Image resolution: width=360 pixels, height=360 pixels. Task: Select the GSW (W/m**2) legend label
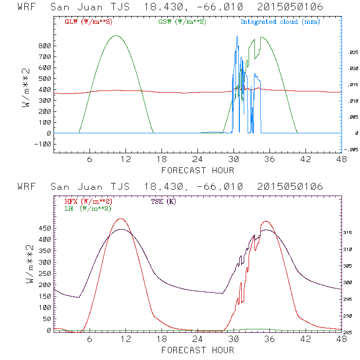[x=182, y=22]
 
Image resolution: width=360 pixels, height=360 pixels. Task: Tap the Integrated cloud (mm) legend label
[x=280, y=22]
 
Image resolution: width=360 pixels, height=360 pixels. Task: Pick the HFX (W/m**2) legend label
[x=89, y=201]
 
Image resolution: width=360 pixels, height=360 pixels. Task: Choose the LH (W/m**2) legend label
[x=88, y=208]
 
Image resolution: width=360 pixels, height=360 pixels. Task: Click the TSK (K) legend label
[x=163, y=201]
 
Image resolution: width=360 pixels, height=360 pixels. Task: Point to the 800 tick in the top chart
[x=45, y=46]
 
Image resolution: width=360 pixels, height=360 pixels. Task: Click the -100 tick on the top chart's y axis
[x=44, y=144]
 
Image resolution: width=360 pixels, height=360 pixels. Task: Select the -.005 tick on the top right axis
[x=350, y=149]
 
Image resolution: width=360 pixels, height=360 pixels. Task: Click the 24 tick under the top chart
[x=197, y=159]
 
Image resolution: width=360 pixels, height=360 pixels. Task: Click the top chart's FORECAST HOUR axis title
[x=198, y=170]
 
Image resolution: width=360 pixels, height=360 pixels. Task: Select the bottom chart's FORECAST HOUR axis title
[x=198, y=350]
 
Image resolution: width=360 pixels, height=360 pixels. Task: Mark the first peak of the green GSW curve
[x=116, y=36]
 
